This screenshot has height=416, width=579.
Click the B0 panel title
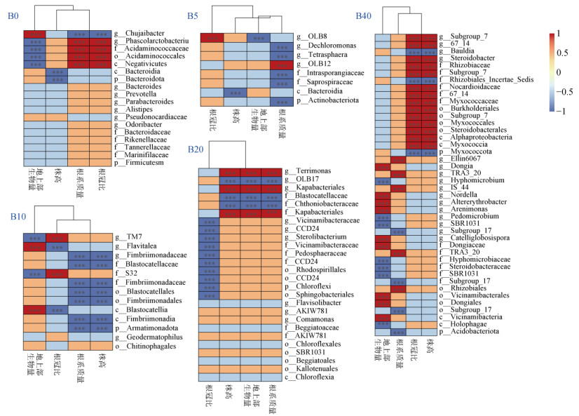pos(13,13)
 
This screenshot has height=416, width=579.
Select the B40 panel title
pos(364,15)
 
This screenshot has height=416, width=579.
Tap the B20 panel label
pos(197,149)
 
